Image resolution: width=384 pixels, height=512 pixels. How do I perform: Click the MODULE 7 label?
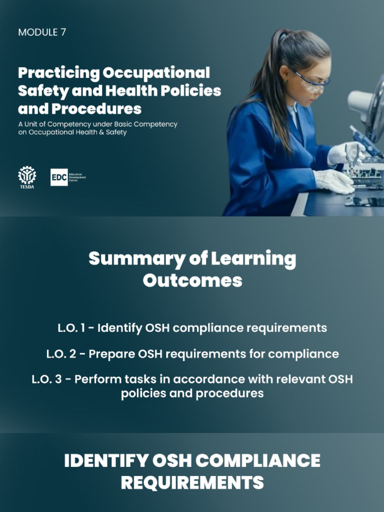[x=42, y=32]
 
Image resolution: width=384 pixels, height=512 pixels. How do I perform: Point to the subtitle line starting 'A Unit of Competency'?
[x=97, y=124]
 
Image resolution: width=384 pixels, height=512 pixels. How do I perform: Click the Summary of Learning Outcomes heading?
[x=192, y=269]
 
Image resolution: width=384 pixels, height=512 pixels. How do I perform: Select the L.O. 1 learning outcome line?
[x=192, y=328]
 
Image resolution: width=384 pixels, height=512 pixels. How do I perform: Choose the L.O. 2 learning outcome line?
[x=192, y=354]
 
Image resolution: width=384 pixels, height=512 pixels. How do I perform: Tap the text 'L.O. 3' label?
[x=48, y=379]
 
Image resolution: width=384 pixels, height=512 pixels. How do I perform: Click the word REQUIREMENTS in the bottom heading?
[x=192, y=483]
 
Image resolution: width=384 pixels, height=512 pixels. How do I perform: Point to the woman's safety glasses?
[x=311, y=80]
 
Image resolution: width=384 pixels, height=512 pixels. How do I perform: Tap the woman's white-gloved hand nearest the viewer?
[x=334, y=181]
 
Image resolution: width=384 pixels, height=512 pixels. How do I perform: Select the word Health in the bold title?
[x=131, y=91]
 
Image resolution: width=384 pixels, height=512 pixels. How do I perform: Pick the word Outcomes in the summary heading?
[x=192, y=280]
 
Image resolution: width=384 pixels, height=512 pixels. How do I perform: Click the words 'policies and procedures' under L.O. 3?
[x=192, y=393]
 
